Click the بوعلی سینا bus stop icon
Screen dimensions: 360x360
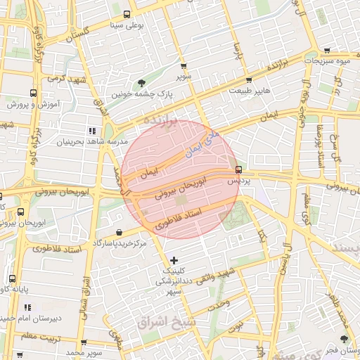127,15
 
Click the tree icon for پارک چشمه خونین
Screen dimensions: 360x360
142,83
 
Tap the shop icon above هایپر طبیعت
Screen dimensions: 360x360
249,79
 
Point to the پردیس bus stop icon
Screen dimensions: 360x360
239,169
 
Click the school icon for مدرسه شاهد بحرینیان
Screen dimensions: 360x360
91,131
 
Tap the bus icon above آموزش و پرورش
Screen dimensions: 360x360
33,93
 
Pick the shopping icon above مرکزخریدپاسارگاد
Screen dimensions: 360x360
118,232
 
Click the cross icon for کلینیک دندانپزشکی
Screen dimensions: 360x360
174,261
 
